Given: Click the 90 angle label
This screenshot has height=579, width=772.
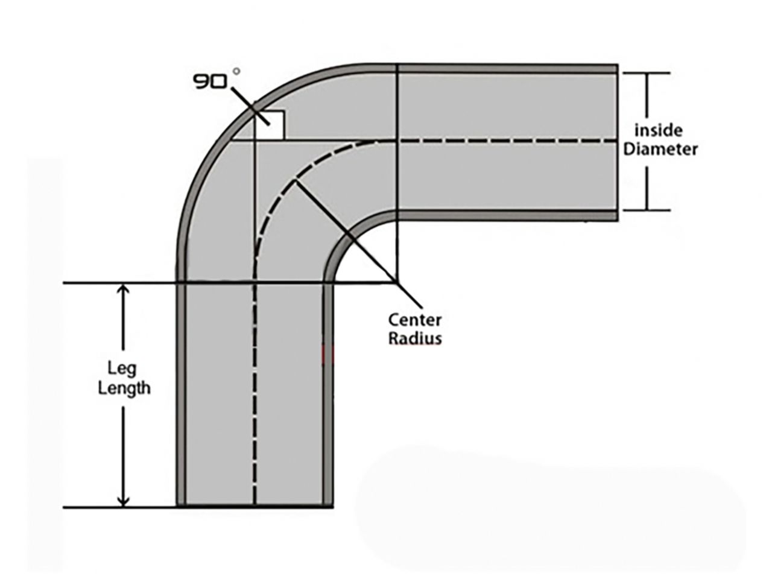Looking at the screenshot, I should coord(209,81).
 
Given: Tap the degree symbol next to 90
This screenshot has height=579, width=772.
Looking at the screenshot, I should coord(236,71).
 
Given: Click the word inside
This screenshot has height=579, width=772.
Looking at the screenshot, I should coord(658,130).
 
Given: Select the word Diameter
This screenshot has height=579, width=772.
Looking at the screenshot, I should coord(660,149).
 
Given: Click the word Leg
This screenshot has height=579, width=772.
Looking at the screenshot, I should coord(122,368).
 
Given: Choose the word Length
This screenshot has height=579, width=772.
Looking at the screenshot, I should coord(124,387).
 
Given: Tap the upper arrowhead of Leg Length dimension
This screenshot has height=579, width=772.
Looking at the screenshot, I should coord(123,290).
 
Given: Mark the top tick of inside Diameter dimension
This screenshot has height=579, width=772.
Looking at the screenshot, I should coord(646,73).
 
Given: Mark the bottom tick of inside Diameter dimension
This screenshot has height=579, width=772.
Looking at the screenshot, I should coord(646,210).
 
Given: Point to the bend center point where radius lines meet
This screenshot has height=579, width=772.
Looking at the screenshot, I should coord(397,282).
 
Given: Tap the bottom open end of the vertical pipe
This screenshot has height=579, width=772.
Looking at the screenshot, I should coord(255,506).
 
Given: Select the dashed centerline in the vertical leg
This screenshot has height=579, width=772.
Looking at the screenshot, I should coord(255,392).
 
